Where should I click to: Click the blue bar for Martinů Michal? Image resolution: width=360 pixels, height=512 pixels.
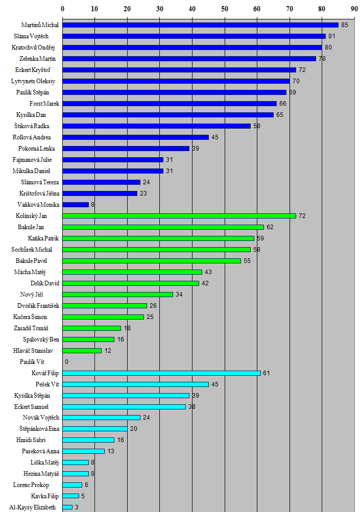coord(200,25)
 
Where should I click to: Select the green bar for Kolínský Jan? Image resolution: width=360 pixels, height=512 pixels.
coord(179,216)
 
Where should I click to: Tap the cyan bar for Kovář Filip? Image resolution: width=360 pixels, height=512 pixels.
coord(161,373)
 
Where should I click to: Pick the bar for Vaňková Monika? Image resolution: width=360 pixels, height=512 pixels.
coord(76,205)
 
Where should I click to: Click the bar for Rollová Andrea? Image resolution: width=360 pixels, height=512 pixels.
coord(135,137)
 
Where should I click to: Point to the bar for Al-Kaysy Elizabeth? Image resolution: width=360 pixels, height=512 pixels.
coord(67,507)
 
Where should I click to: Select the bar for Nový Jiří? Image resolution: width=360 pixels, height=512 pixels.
coord(117,295)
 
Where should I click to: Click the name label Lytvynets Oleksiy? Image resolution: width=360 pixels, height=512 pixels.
coord(35,81)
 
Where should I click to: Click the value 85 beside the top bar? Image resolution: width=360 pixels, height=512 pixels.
coord(345,25)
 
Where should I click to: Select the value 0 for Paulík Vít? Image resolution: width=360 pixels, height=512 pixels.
coord(66,362)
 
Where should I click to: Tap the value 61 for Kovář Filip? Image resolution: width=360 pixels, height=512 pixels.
coord(266,373)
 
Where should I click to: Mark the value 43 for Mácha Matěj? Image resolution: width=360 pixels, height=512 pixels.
coord(208,272)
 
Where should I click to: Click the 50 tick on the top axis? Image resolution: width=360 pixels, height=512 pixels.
coord(225,9)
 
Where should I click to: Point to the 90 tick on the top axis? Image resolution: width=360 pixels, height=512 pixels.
coord(354,9)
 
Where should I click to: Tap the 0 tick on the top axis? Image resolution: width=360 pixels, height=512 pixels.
coord(63,9)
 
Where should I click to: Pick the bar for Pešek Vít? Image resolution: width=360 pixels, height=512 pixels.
coord(135,384)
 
